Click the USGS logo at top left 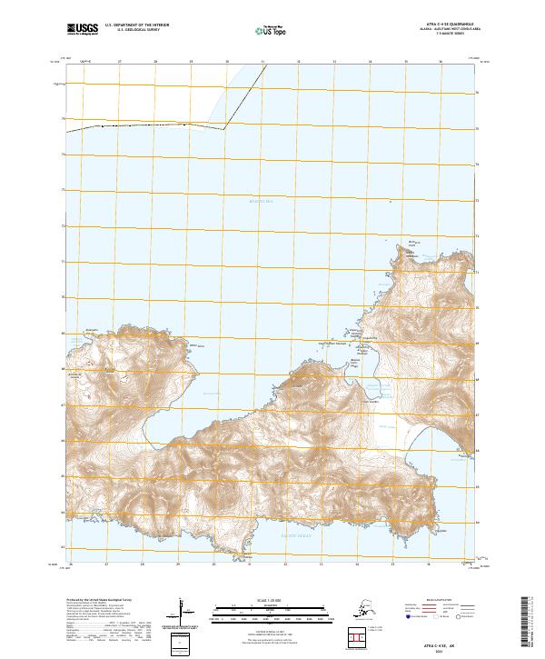(x=83, y=29)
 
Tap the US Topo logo (x=272, y=30)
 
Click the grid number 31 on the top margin (x=263, y=62)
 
